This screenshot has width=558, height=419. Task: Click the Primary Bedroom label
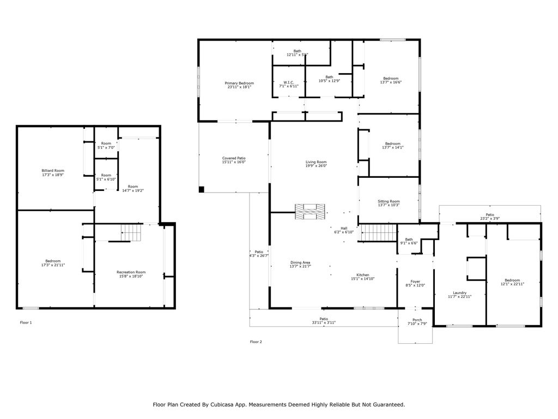[x=239, y=82]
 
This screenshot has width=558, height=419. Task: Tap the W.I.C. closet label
[x=288, y=82]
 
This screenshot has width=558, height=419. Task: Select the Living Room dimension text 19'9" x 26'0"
[x=316, y=166]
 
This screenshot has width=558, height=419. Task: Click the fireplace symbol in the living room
[x=310, y=212]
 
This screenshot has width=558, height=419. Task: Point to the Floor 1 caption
[x=26, y=322]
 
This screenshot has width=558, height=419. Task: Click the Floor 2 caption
[x=256, y=342]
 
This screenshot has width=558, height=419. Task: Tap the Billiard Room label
[x=53, y=171]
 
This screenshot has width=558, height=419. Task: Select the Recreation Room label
[x=131, y=272]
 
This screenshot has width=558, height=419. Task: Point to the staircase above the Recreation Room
[x=131, y=234]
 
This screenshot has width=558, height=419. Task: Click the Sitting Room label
[x=389, y=201]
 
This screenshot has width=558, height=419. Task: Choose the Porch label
[x=416, y=320]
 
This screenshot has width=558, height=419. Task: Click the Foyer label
[x=415, y=282]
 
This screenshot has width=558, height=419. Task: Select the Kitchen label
[x=362, y=274]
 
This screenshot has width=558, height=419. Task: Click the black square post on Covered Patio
[x=201, y=189]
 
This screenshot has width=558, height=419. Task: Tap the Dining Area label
[x=300, y=262]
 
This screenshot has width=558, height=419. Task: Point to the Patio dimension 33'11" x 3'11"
[x=324, y=322]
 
